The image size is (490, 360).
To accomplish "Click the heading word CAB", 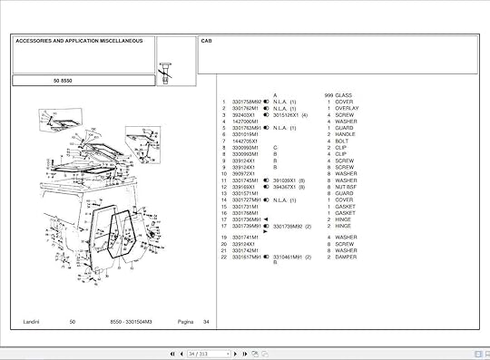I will [x=206, y=42].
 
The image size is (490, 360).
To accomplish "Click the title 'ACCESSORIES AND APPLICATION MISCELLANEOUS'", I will [x=78, y=41].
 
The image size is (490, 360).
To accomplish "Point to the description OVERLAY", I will [x=348, y=109].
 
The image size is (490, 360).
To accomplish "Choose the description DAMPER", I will [x=347, y=257].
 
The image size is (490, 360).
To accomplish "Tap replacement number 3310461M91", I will [x=289, y=257].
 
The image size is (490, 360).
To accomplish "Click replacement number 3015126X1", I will [x=289, y=115].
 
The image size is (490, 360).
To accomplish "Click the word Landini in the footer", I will [x=34, y=322].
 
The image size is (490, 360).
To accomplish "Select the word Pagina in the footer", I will [x=185, y=322].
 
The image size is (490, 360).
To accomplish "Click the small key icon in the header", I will [x=166, y=69].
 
